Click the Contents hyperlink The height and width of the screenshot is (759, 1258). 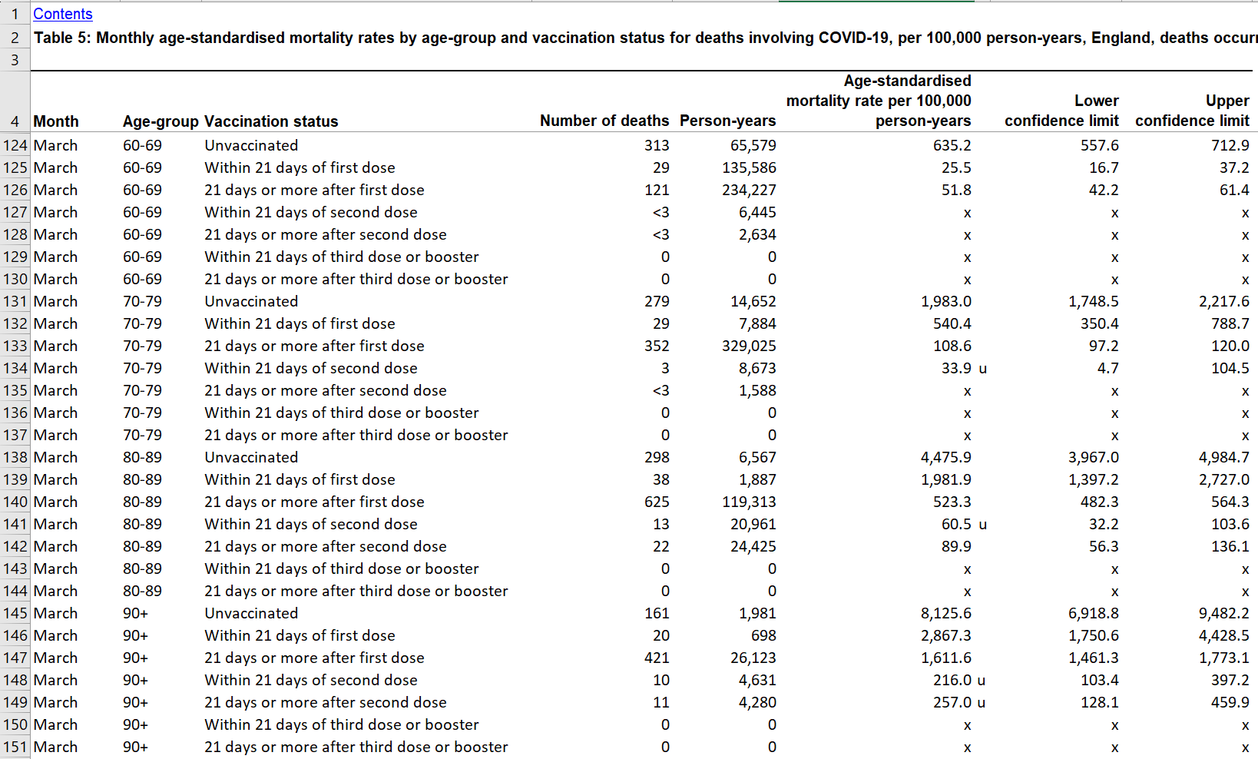click(x=62, y=14)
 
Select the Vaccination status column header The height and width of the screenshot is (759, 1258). click(x=271, y=121)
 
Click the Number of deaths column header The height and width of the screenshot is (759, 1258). click(x=604, y=121)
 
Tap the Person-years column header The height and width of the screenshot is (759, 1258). click(x=727, y=121)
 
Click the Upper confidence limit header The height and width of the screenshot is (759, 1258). click(x=1192, y=111)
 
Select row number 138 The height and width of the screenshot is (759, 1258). click(x=15, y=457)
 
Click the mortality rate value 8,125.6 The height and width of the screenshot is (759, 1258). click(x=945, y=613)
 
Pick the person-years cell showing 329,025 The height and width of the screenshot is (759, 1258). click(x=749, y=346)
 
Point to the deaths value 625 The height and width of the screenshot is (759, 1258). click(x=657, y=502)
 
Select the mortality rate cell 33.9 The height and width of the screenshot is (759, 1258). click(x=956, y=368)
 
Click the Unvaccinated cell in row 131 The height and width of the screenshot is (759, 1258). click(x=251, y=301)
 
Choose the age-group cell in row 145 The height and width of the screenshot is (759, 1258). click(x=136, y=613)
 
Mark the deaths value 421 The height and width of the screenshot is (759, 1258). click(x=657, y=658)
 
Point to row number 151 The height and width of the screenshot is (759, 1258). click(x=15, y=747)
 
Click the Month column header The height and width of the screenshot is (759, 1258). click(x=56, y=121)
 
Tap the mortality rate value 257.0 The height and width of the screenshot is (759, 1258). click(x=952, y=702)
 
